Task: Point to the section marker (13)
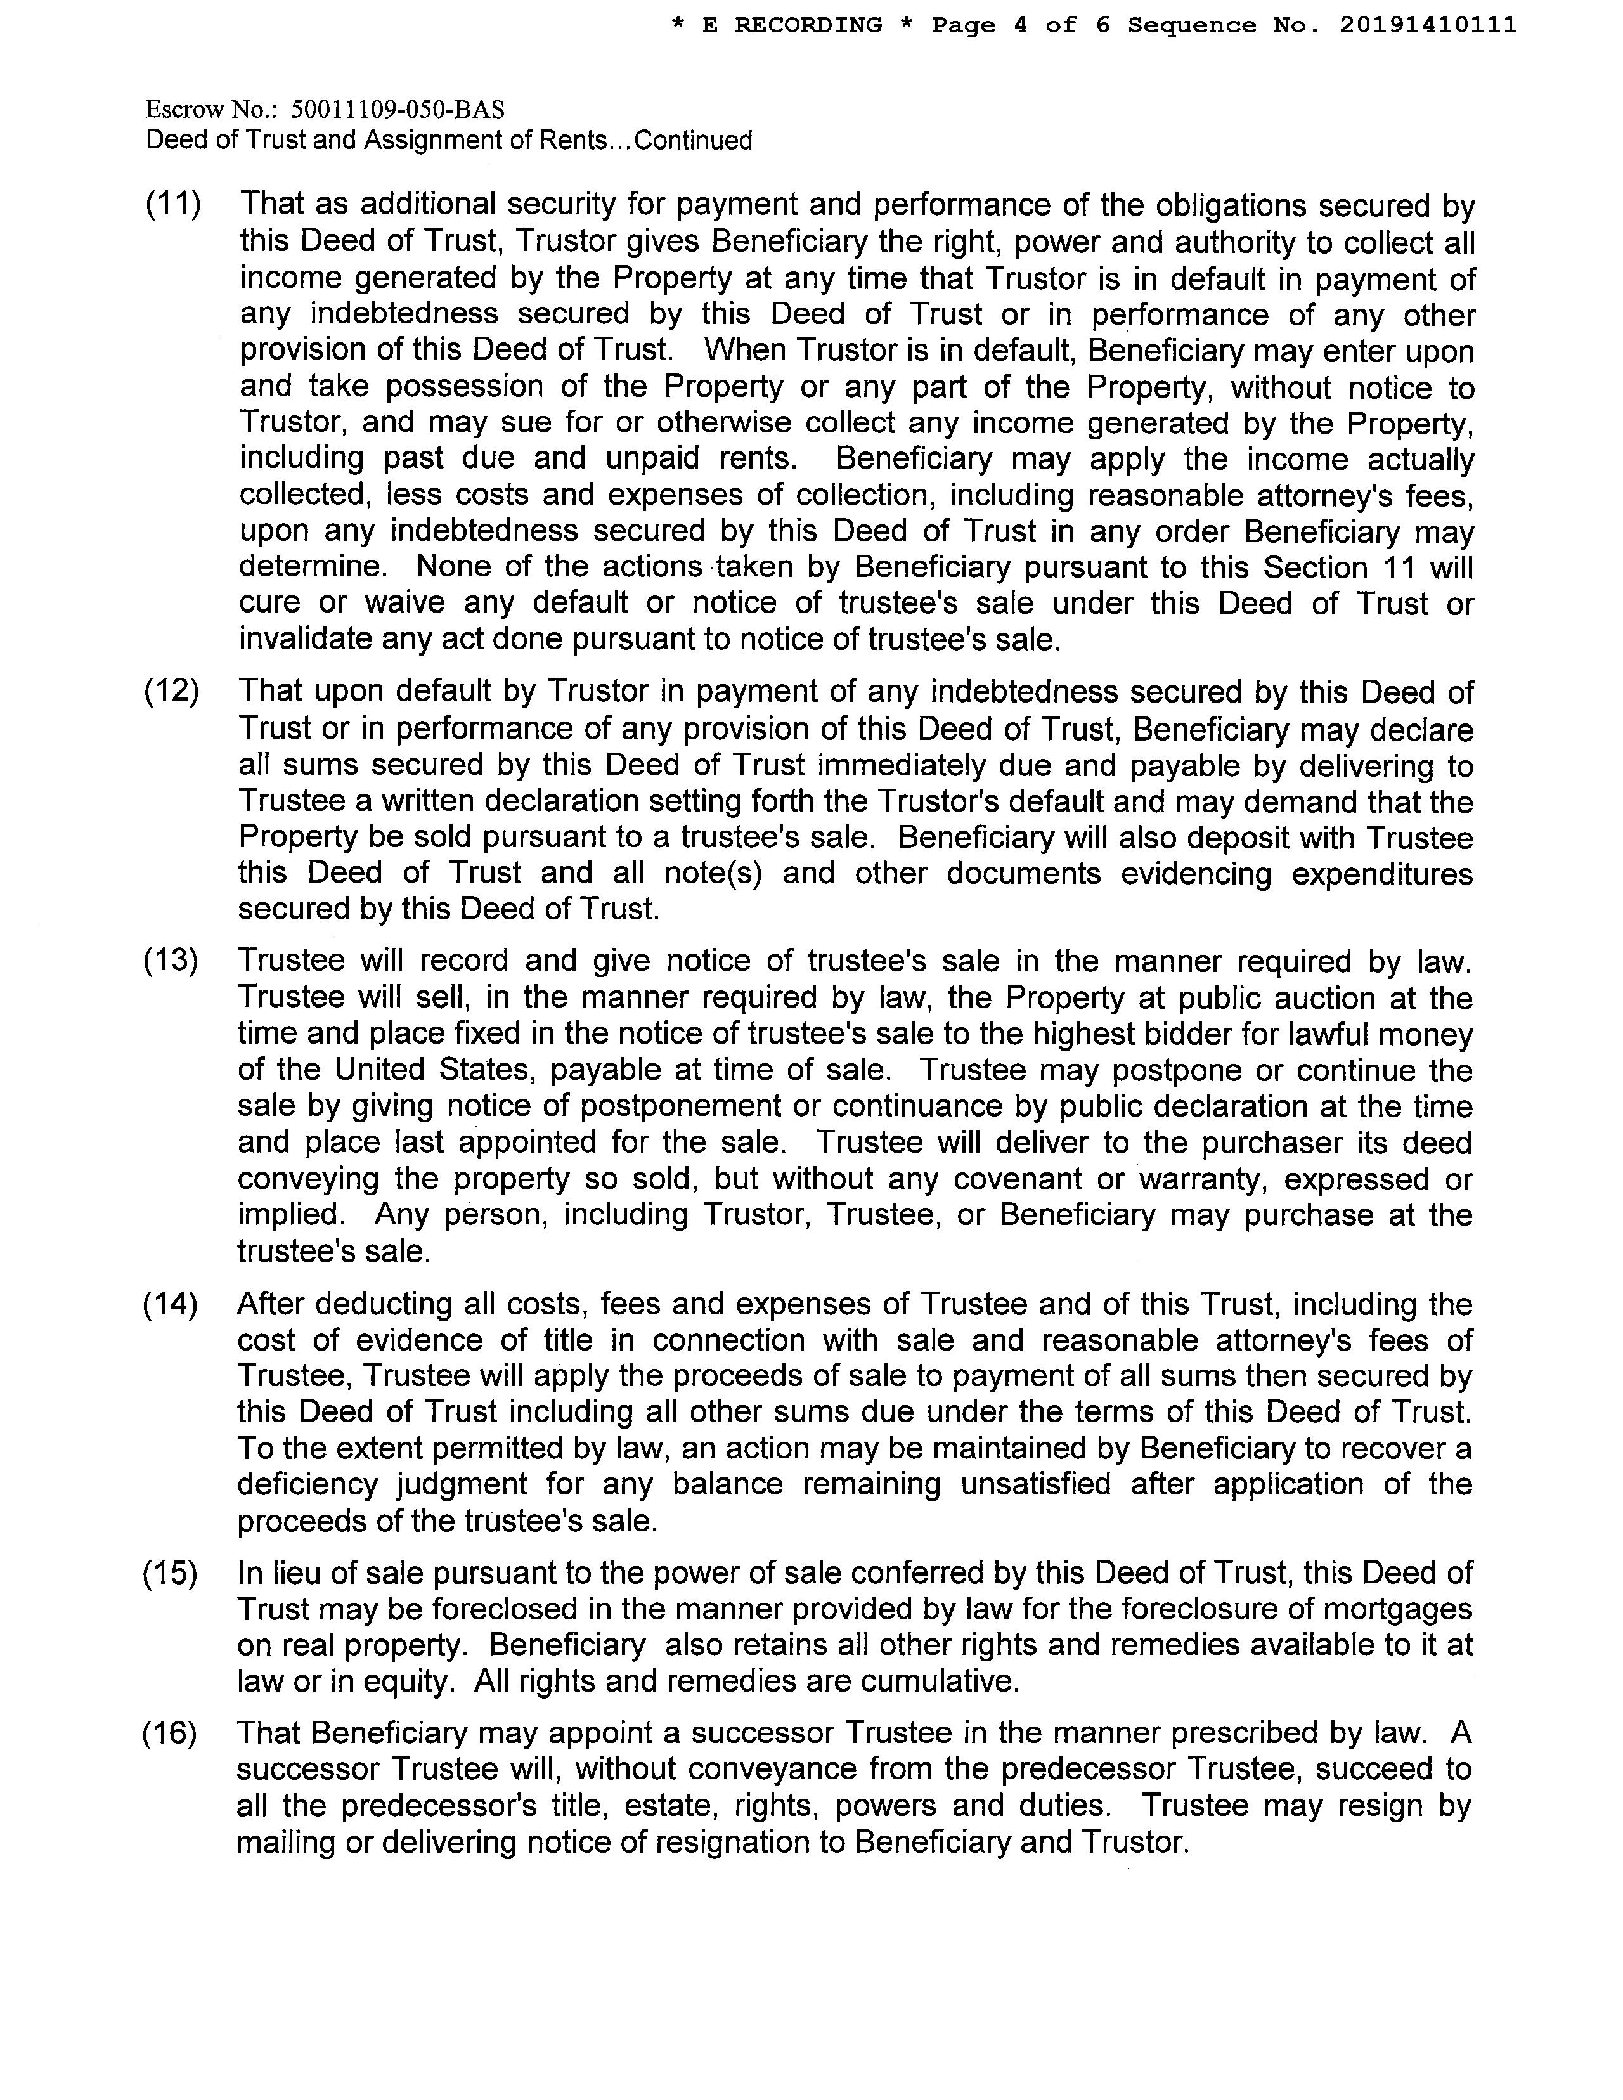171,961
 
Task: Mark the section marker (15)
170,1573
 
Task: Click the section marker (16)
170,1733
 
